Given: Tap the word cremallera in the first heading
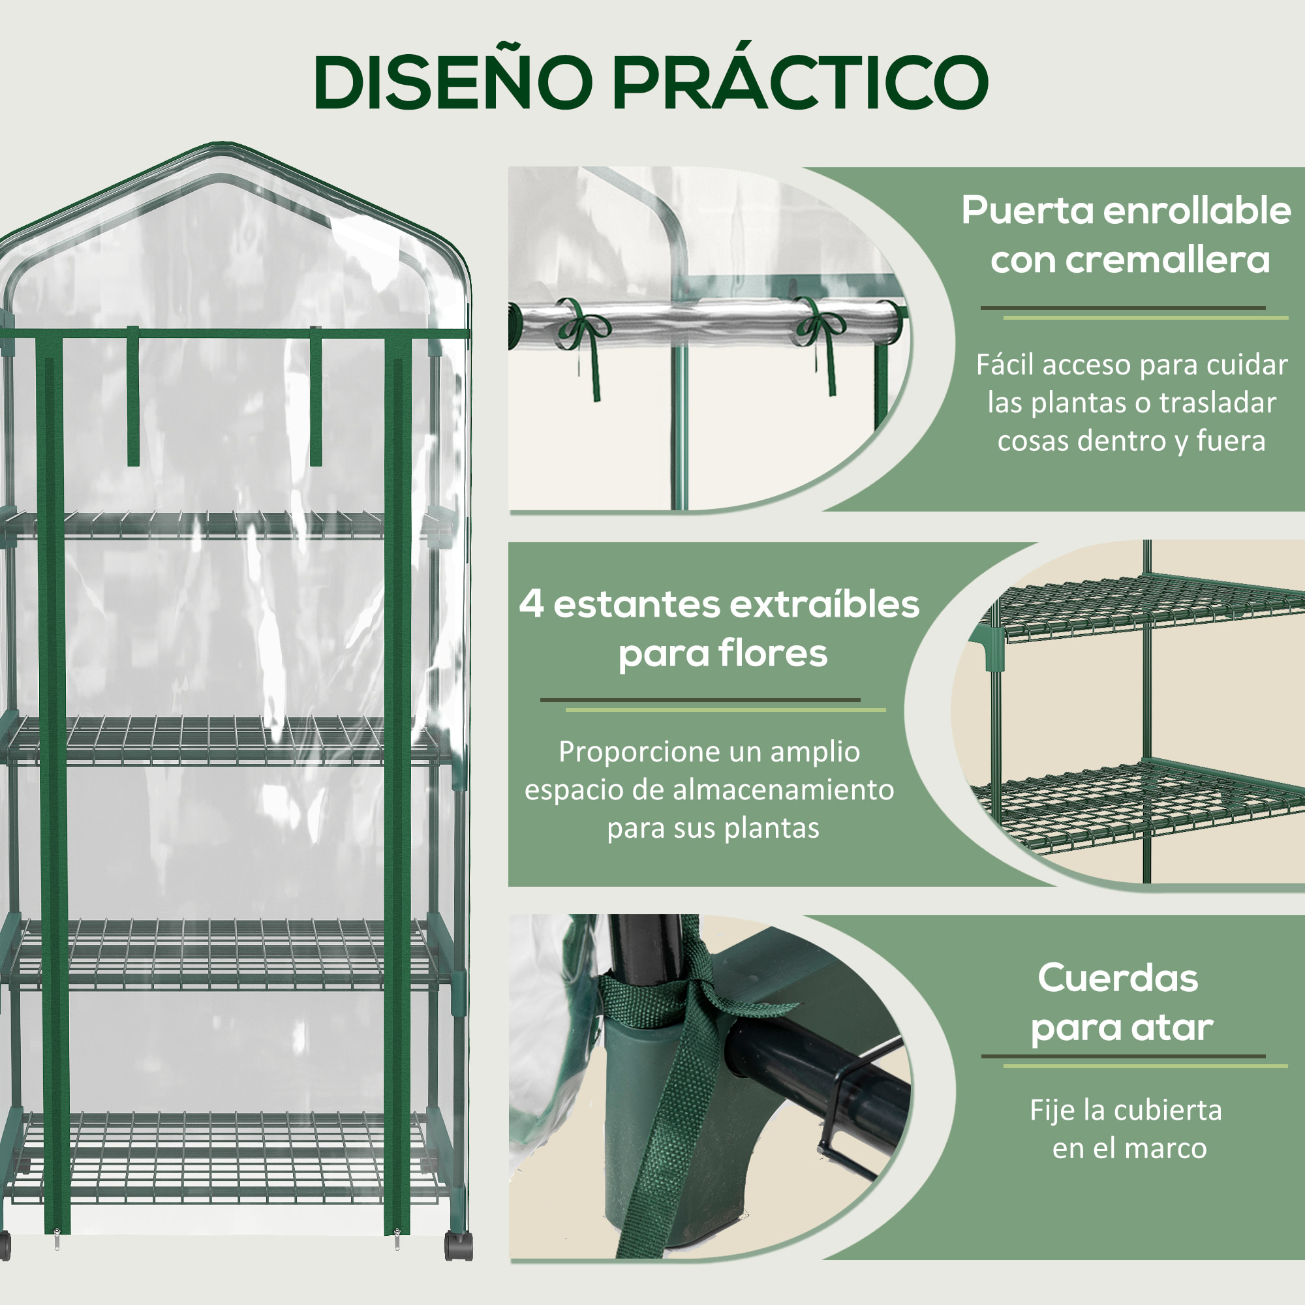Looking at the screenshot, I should (x=1130, y=260).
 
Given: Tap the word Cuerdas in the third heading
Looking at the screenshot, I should (x=1118, y=978).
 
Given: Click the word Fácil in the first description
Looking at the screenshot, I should (x=1008, y=365).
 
